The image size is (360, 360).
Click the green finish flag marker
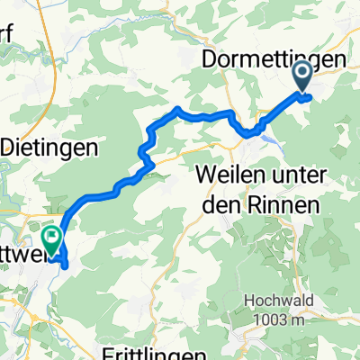click(x=51, y=238)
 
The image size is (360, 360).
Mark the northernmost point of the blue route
click(x=178, y=108)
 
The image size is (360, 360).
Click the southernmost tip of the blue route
click(x=66, y=265)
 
